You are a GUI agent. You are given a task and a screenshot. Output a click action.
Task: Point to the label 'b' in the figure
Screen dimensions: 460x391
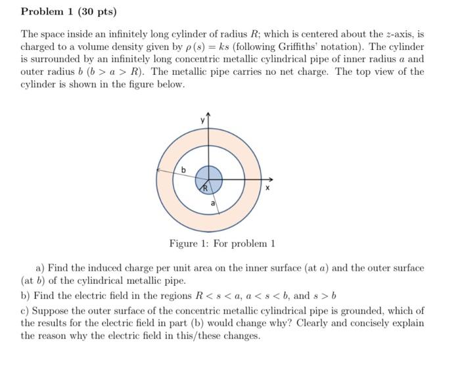[x=183, y=171]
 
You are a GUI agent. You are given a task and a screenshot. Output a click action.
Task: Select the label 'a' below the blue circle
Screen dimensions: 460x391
[x=212, y=204]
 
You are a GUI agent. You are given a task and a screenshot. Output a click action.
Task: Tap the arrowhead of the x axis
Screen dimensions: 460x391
[x=270, y=178]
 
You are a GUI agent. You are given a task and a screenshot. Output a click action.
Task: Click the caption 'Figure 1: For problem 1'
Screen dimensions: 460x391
[x=221, y=244]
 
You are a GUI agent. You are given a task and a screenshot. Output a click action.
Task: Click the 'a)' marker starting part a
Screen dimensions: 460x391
[x=40, y=268]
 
